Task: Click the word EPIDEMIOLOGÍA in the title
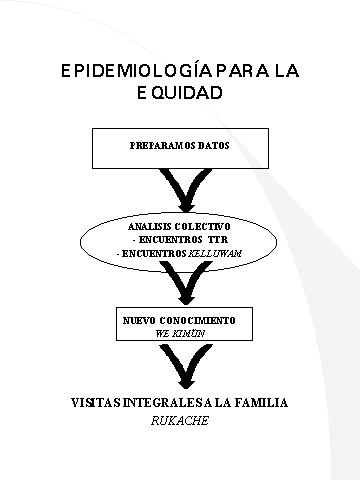(x=136, y=71)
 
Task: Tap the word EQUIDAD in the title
(x=180, y=93)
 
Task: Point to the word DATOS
(x=214, y=146)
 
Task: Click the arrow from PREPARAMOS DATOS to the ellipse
(x=186, y=190)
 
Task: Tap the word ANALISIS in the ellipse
(x=150, y=227)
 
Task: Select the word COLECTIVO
(x=203, y=227)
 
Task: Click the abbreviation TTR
(x=218, y=240)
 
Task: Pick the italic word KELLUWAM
(x=215, y=254)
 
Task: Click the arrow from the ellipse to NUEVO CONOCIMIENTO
(x=186, y=283)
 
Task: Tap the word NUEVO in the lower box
(x=139, y=321)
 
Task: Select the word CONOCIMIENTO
(x=197, y=321)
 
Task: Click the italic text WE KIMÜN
(x=180, y=334)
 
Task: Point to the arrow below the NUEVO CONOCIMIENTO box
(x=186, y=366)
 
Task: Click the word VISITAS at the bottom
(x=96, y=403)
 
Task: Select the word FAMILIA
(x=261, y=403)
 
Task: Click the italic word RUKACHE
(x=180, y=421)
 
